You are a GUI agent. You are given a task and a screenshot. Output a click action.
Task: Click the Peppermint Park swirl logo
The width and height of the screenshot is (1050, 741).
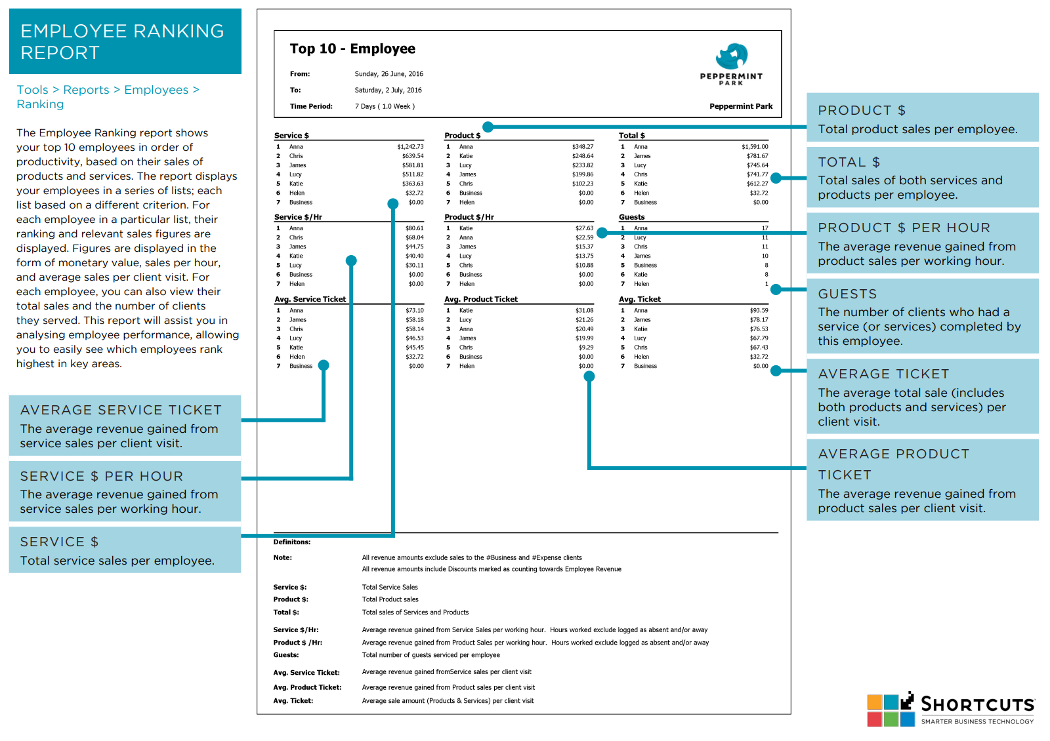[732, 56]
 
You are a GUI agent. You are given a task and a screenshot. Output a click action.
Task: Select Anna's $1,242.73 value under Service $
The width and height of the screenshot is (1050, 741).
[410, 147]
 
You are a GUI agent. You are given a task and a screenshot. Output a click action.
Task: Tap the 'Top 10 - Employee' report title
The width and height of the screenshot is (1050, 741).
[352, 49]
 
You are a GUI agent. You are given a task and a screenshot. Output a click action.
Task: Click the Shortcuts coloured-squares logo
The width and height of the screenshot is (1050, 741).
[891, 710]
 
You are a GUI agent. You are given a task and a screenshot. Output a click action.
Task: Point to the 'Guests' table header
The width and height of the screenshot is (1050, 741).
[631, 217]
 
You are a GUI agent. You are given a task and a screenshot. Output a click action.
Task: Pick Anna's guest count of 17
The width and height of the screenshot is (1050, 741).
[765, 228]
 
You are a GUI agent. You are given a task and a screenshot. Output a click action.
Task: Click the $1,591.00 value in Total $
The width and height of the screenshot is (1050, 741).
[755, 147]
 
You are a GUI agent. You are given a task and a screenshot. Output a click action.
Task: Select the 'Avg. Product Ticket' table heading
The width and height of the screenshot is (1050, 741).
[481, 299]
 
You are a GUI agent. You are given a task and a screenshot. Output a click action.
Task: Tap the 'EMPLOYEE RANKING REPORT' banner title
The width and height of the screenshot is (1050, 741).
[122, 42]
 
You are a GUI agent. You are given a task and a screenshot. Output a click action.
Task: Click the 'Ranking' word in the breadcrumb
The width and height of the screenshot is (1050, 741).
[40, 104]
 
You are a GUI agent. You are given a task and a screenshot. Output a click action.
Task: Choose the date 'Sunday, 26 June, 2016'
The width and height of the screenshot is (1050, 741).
[389, 74]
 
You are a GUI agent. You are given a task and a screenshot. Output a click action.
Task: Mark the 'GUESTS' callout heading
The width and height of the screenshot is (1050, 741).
[847, 294]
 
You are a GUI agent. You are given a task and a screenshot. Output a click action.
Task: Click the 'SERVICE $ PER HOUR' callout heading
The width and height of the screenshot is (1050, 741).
[102, 476]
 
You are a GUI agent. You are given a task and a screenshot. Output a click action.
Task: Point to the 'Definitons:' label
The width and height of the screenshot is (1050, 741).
[292, 542]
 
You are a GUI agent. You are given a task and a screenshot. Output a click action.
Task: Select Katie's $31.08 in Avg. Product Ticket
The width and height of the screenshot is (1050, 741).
[585, 310]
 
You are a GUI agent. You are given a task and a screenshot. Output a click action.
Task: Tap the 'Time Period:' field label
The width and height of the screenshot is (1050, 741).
[311, 106]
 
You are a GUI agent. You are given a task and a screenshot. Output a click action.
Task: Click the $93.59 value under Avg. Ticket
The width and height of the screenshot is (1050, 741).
[759, 310]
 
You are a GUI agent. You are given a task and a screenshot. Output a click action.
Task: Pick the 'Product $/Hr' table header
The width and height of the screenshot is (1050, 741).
[469, 217]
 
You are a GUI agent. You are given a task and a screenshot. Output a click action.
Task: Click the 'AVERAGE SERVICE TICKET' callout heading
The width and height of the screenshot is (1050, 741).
[121, 410]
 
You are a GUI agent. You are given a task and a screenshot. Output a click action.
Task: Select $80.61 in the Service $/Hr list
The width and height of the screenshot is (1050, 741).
[414, 228]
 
